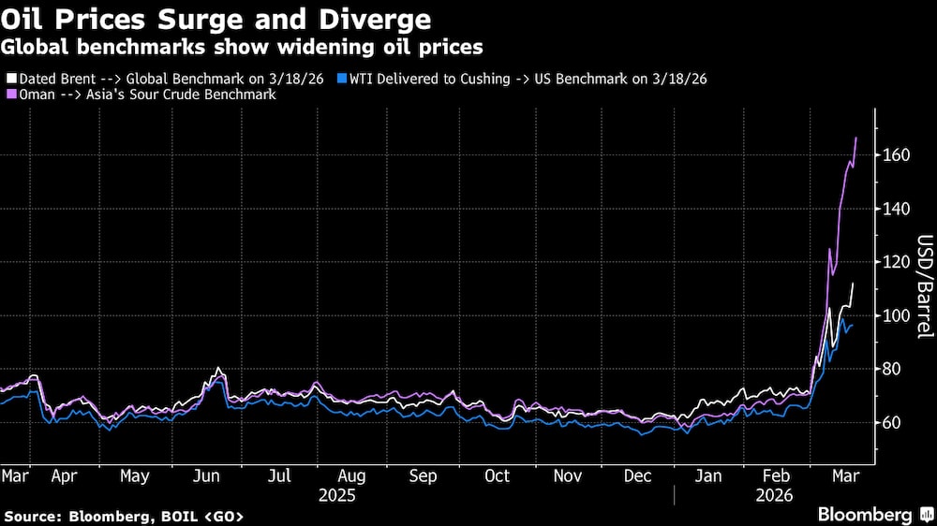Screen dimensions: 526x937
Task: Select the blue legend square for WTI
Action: pyautogui.click(x=343, y=79)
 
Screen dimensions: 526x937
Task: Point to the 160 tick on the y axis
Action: pyautogui.click(x=897, y=154)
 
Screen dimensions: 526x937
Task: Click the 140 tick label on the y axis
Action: pyautogui.click(x=897, y=209)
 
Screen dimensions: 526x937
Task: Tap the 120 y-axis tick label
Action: pyautogui.click(x=897, y=262)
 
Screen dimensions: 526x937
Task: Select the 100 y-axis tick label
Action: pyautogui.click(x=897, y=315)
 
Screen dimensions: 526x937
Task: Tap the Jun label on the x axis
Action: pyautogui.click(x=206, y=475)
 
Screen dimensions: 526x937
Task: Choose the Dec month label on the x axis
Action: pyautogui.click(x=638, y=475)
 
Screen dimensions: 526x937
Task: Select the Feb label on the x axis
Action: pyautogui.click(x=777, y=475)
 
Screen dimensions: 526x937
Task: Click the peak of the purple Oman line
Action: pyautogui.click(x=856, y=138)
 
